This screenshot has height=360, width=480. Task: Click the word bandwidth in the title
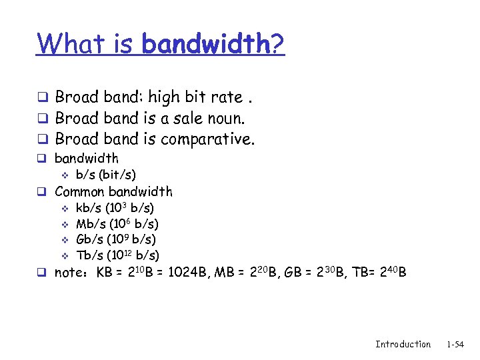pos(205,44)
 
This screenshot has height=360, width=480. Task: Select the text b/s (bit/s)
pos(106,175)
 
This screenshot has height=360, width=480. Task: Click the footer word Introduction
pos(403,344)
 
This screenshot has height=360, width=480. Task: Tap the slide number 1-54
pos(455,344)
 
